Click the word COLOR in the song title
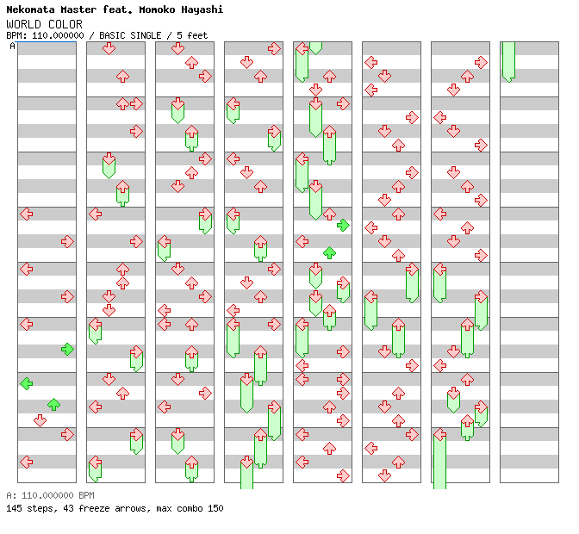pyautogui.click(x=65, y=24)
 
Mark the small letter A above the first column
pyautogui.click(x=13, y=46)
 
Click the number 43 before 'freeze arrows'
pyautogui.click(x=68, y=508)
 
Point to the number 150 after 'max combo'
pyautogui.click(x=215, y=508)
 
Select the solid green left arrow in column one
pyautogui.click(x=27, y=383)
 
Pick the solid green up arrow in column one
pyautogui.click(x=53, y=404)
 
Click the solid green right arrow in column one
pyautogui.click(x=67, y=349)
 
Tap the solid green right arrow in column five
pyautogui.click(x=343, y=225)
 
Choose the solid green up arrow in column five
pyautogui.click(x=329, y=252)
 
